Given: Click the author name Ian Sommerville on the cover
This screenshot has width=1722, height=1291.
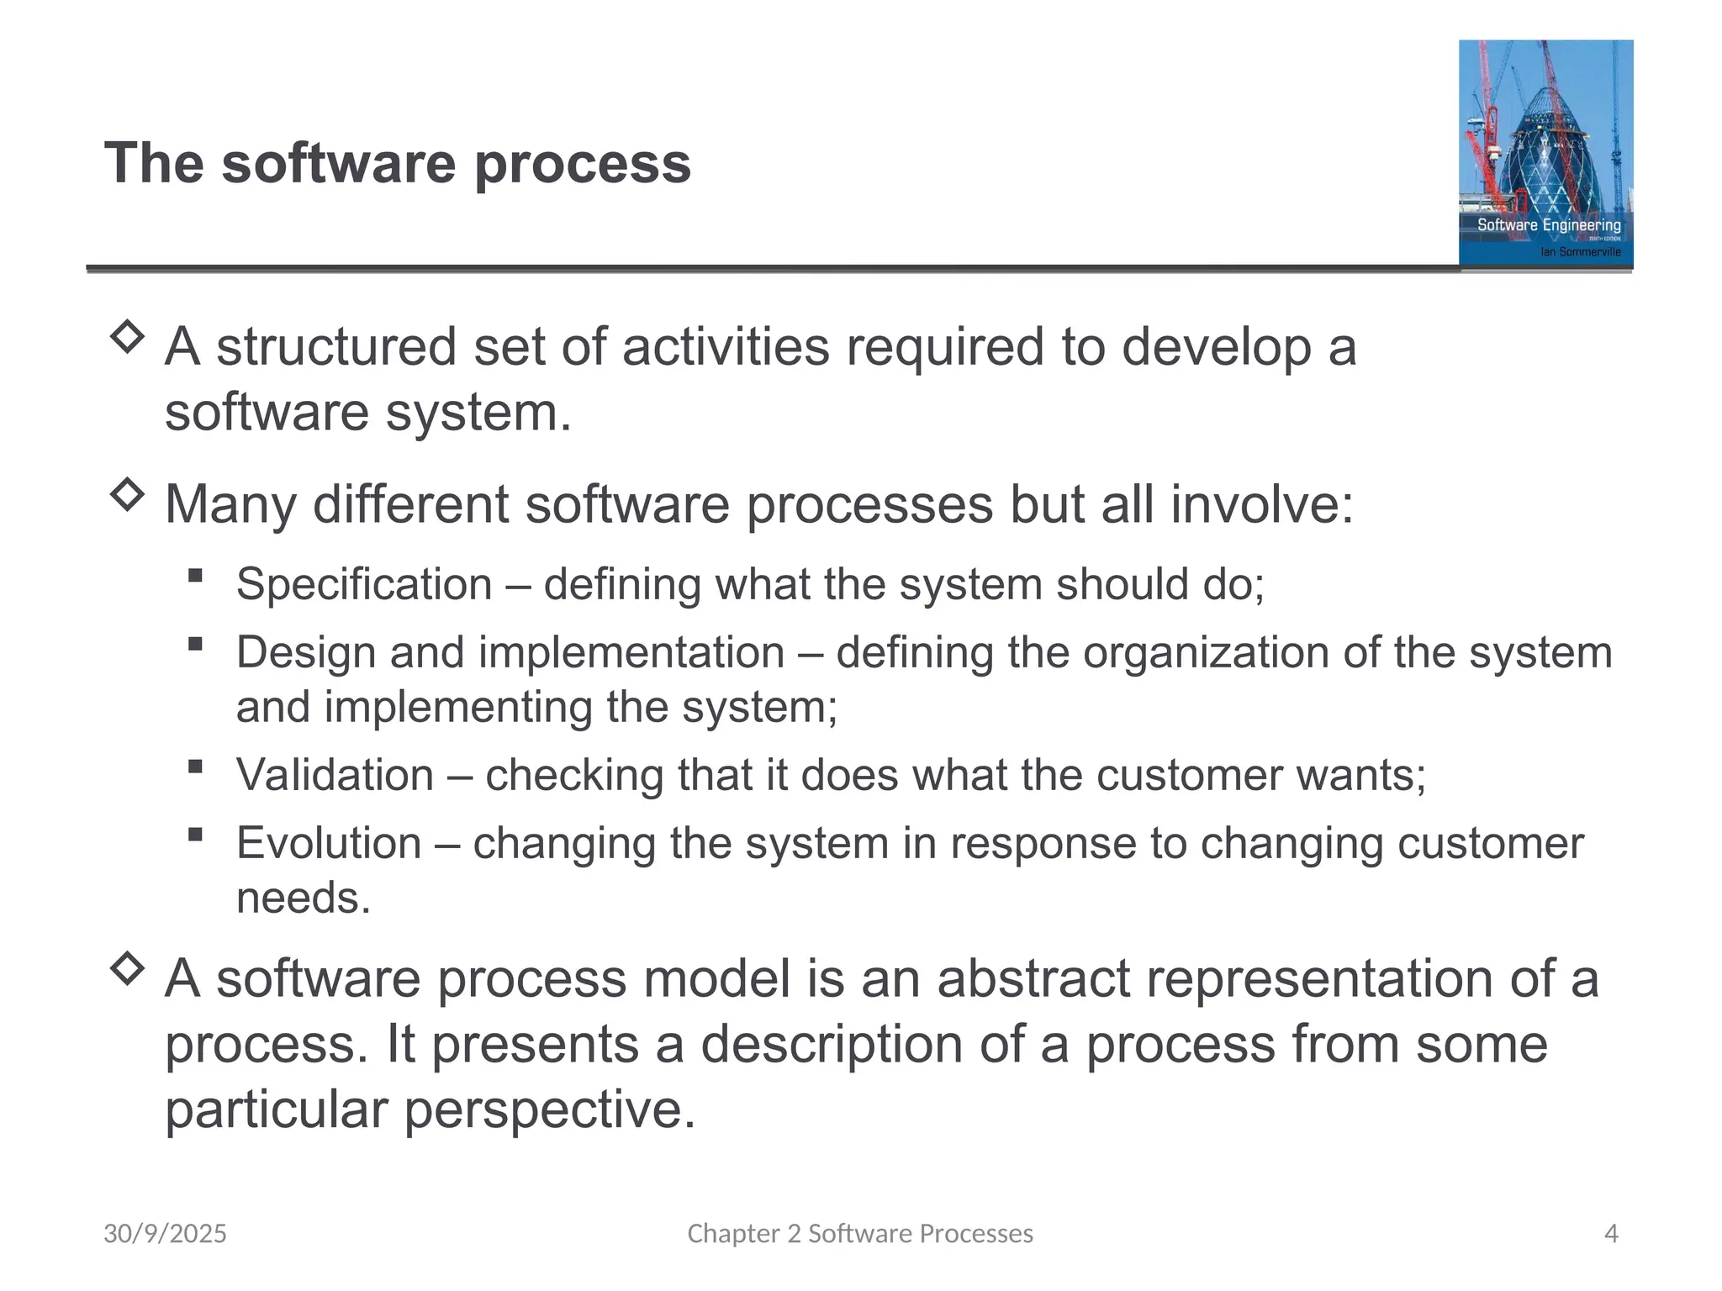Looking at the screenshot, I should [1580, 251].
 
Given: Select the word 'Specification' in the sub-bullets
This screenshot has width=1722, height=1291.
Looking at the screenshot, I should [364, 584].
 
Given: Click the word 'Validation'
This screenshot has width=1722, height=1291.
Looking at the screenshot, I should [335, 775].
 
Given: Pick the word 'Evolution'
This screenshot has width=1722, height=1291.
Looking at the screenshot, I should [329, 843].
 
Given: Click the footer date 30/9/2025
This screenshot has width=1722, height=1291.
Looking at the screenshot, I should [165, 1234].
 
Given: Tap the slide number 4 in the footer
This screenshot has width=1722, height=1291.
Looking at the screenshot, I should [1611, 1234].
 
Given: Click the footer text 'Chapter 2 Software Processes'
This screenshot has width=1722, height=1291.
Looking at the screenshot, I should [860, 1234].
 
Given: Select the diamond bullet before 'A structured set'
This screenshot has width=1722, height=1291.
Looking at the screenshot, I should [127, 337].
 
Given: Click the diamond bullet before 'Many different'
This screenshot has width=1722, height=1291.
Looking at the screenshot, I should [127, 494].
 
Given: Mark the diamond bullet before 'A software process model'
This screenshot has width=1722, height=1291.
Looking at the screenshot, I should [127, 968].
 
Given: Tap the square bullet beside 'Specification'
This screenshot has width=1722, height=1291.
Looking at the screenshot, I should [196, 576].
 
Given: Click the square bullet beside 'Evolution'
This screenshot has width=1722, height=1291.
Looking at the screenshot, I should [196, 835].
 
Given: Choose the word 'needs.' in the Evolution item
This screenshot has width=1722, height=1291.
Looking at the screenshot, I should [304, 898].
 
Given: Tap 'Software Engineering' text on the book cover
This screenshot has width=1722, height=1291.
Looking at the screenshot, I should [1549, 224].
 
